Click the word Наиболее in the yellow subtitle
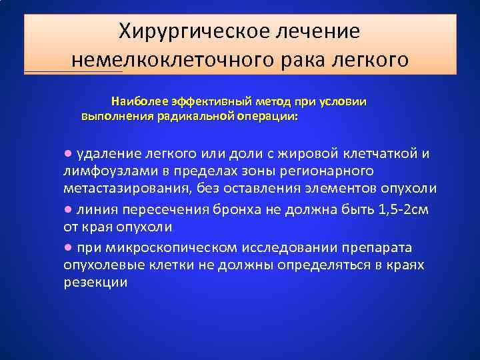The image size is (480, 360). click(138, 101)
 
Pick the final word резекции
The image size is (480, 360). click(95, 283)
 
